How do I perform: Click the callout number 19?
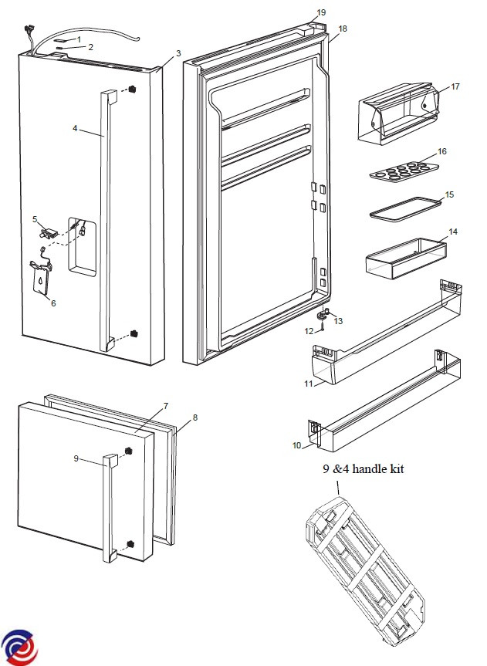tap(322, 12)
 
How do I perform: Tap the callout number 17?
tap(455, 86)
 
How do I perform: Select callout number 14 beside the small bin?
tap(453, 232)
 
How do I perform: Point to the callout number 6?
tap(53, 303)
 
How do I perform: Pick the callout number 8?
tap(195, 418)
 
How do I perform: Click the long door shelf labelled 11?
tap(382, 332)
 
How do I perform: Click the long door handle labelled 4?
tap(105, 224)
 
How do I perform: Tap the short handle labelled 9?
tap(108, 509)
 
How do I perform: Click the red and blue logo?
tap(19, 647)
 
